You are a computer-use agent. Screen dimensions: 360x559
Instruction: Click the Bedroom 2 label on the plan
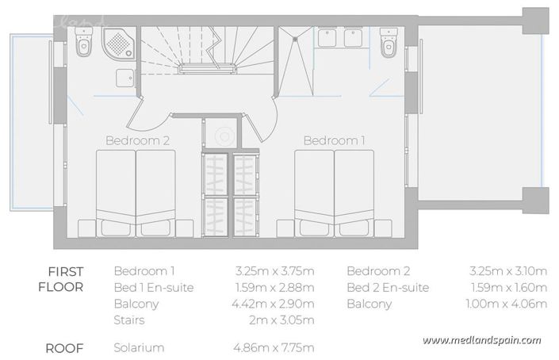pos(137,140)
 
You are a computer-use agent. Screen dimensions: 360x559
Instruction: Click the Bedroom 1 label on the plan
pos(335,140)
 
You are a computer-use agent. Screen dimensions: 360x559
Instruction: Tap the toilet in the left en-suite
pos(83,45)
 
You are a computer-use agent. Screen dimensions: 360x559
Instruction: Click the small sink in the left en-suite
pos(124,78)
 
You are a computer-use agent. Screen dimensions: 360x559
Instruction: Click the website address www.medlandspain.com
pos(481,340)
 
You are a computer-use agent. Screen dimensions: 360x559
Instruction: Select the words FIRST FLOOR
pos(61,278)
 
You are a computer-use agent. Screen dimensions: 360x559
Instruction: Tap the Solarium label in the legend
pos(140,347)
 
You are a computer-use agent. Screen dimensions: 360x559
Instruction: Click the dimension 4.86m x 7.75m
pos(274,347)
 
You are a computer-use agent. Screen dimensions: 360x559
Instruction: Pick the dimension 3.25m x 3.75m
pos(274,270)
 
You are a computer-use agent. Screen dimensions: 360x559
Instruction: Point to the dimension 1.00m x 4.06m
pos(507,304)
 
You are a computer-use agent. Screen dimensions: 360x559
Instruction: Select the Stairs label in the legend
pos(131,320)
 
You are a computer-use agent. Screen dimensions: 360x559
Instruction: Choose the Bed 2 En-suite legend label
pos(388,287)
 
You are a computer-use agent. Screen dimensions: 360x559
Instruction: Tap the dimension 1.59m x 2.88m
pos(274,287)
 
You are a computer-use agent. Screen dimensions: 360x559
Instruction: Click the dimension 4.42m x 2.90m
pos(274,304)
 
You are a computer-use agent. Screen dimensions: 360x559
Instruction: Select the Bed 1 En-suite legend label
pos(154,287)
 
